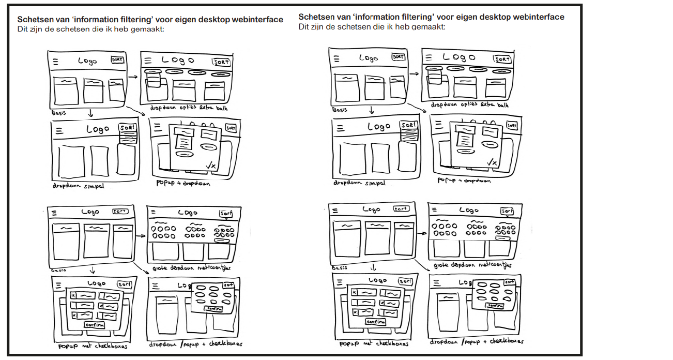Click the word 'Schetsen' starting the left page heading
[x=35, y=20]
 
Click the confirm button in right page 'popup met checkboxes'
[x=376, y=322]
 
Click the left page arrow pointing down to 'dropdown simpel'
[x=90, y=112]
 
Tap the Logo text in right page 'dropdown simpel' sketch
[x=379, y=126]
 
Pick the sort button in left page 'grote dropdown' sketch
[x=226, y=213]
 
